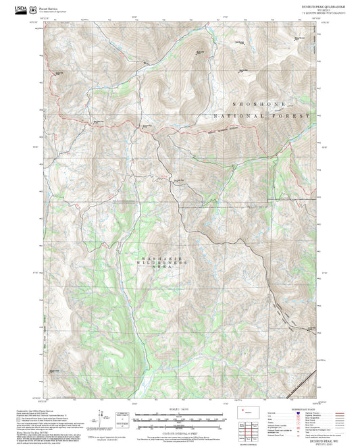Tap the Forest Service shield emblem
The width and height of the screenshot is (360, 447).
pyautogui.click(x=34, y=9)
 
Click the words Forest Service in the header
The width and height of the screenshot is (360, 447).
pyautogui.click(x=48, y=7)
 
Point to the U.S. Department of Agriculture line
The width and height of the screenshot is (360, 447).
pyautogui.click(x=53, y=11)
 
